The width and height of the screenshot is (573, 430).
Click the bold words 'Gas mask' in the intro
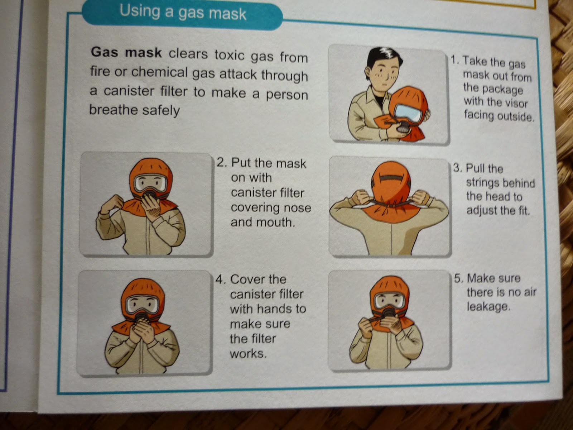[126, 52]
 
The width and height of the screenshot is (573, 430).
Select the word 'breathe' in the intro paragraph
[113, 110]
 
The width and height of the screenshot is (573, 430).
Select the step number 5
[458, 278]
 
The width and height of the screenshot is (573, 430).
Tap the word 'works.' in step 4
[248, 354]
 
